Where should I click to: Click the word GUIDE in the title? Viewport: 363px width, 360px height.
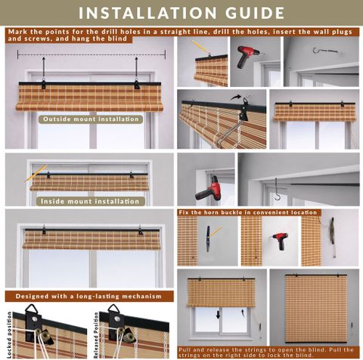[255, 13]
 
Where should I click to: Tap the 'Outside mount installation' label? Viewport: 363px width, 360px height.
[91, 119]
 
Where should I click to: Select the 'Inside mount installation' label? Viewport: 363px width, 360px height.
[90, 201]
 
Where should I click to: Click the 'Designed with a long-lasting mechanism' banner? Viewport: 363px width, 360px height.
[88, 296]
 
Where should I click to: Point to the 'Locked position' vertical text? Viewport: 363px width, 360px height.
[9, 335]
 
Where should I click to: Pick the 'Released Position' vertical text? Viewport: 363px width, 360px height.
[96, 335]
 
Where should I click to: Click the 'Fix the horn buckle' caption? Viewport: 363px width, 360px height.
[248, 213]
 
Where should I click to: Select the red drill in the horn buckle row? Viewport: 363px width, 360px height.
[281, 241]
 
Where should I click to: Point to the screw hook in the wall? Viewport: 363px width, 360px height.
[324, 51]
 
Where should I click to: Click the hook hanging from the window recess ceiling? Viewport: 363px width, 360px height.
[277, 189]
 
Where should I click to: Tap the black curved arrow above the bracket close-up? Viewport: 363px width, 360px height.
[235, 97]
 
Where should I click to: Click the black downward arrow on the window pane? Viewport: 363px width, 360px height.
[218, 315]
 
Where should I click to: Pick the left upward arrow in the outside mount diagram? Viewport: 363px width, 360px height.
[44, 67]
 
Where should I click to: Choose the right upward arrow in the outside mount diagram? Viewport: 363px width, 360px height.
[136, 67]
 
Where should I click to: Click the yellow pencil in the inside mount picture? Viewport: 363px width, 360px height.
[36, 173]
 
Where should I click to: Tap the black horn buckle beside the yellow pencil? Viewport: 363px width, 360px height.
[208, 238]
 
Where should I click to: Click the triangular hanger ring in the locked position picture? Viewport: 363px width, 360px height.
[31, 309]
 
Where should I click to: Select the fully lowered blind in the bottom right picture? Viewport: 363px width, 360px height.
[316, 309]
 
